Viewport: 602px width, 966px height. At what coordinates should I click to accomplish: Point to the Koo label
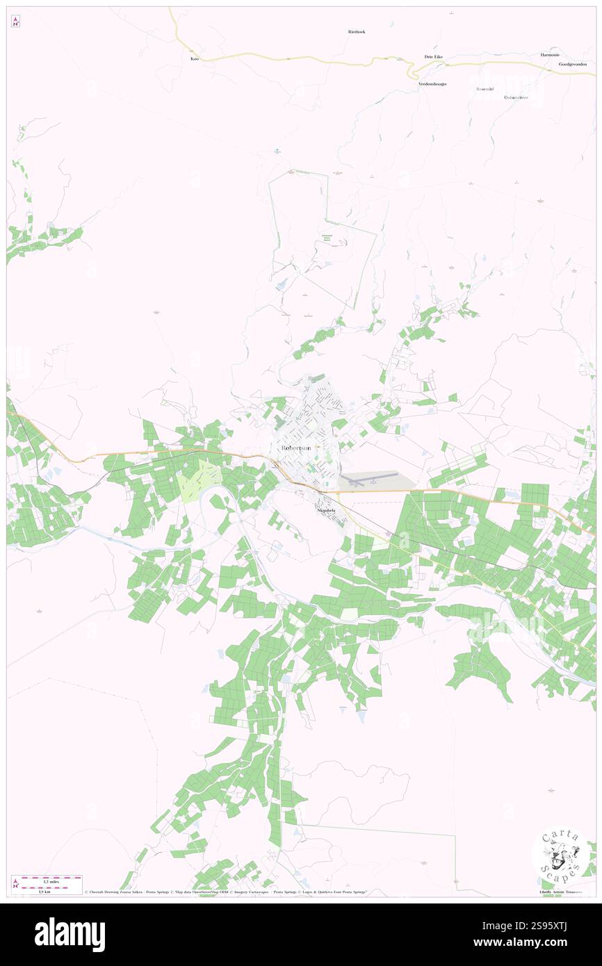pyautogui.click(x=195, y=59)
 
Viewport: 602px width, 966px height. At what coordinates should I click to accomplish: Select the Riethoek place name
pyautogui.click(x=357, y=32)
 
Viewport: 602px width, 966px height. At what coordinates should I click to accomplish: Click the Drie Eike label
pyautogui.click(x=434, y=56)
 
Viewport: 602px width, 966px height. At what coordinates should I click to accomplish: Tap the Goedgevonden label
pyautogui.click(x=572, y=64)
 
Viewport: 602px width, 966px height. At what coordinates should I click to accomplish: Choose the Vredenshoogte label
pyautogui.click(x=432, y=83)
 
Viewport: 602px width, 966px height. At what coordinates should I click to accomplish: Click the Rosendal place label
pyautogui.click(x=484, y=89)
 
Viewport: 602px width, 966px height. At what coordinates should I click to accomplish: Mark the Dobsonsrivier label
pyautogui.click(x=516, y=97)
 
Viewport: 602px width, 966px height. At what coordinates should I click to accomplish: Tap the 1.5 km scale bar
pyautogui.click(x=47, y=887)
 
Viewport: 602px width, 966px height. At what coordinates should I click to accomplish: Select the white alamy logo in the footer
pyautogui.click(x=70, y=935)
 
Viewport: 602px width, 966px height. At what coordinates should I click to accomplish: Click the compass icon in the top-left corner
pyautogui.click(x=15, y=22)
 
